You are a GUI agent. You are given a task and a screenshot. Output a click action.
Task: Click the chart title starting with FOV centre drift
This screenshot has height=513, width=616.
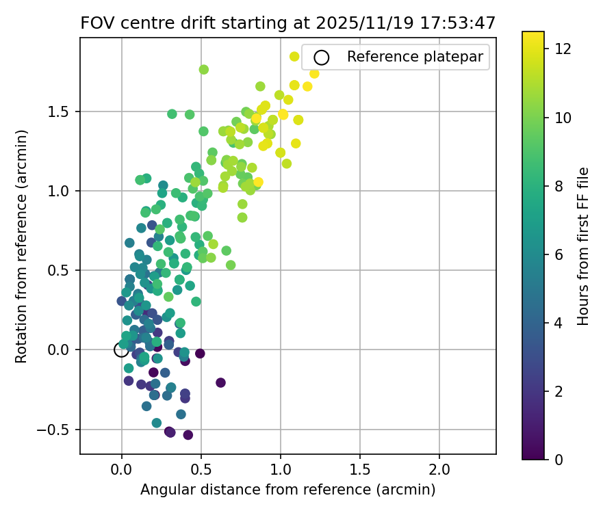(288, 23)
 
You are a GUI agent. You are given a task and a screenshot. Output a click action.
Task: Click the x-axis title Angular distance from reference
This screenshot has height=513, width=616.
(288, 490)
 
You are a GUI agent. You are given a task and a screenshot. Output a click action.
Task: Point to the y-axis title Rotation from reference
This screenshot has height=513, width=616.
(22, 246)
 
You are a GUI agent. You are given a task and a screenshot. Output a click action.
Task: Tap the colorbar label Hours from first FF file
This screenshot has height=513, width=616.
(583, 246)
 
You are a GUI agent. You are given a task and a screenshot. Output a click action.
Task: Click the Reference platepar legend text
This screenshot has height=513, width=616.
(418, 57)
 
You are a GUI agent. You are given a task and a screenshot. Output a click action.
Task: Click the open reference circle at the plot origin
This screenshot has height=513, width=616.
(121, 350)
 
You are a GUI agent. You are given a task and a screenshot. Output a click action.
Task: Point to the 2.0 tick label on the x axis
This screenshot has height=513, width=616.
(439, 470)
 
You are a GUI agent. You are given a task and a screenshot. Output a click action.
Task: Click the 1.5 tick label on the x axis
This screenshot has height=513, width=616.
(360, 470)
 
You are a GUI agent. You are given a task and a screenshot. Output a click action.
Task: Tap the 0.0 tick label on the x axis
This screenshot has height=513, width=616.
(122, 470)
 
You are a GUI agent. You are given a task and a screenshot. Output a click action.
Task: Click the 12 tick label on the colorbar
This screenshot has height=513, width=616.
(563, 49)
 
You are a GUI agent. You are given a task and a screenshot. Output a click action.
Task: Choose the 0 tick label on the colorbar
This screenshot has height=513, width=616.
(559, 459)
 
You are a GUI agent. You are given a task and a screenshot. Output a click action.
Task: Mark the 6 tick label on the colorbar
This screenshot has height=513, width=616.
(559, 254)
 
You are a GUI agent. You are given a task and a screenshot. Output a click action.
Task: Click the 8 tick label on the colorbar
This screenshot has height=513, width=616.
(559, 185)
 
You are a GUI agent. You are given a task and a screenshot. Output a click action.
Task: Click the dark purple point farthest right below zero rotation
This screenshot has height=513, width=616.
(220, 382)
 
